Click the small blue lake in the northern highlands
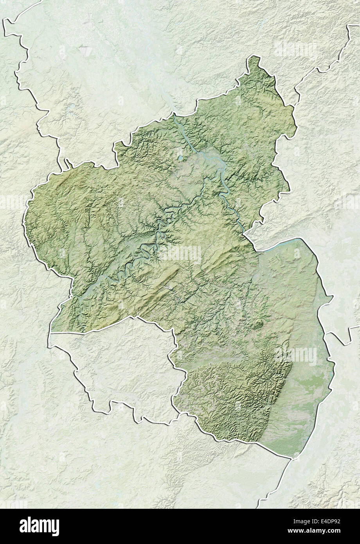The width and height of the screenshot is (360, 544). (180, 158)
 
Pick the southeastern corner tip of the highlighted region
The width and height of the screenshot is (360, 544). (291, 457)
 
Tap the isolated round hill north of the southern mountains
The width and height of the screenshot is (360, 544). (258, 324)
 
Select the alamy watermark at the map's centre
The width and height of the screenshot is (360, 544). (180, 254)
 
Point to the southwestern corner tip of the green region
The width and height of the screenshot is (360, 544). (51, 333)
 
